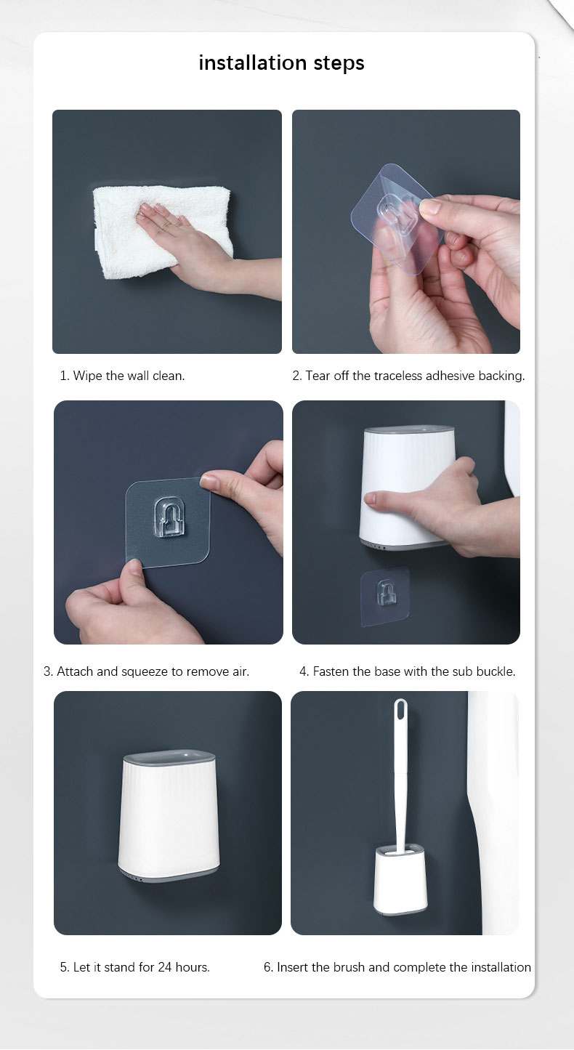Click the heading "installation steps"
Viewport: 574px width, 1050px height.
(281, 63)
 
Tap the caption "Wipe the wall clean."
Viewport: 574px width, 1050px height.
(122, 376)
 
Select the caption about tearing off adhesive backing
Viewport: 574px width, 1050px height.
(408, 376)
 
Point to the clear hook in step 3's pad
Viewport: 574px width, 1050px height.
(168, 517)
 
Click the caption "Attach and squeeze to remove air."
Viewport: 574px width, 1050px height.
(146, 671)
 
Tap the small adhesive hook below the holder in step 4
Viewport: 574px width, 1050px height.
(386, 593)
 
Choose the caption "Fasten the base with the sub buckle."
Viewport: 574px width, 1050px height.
(407, 671)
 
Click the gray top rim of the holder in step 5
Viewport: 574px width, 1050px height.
(169, 759)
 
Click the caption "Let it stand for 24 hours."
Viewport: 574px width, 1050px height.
(134, 967)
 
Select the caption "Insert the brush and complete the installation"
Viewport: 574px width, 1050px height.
(397, 967)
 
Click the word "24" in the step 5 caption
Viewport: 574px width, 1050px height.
(165, 967)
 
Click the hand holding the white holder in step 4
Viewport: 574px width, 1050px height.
(429, 501)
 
